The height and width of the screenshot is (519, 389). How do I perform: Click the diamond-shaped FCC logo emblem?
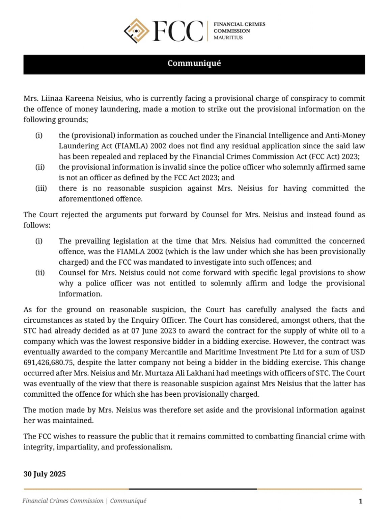click(x=136, y=31)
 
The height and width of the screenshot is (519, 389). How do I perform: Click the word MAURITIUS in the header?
click(x=228, y=38)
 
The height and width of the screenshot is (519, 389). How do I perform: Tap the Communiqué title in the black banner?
click(x=194, y=64)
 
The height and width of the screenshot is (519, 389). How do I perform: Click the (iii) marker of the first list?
click(x=41, y=188)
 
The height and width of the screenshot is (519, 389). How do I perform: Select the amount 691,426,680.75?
click(x=47, y=363)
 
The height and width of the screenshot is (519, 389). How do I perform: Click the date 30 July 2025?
click(x=45, y=474)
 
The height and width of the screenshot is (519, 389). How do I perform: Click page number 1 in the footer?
click(x=360, y=501)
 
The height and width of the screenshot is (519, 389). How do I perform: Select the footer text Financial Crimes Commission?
click(x=63, y=501)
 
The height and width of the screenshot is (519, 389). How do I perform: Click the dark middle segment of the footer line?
click(x=193, y=489)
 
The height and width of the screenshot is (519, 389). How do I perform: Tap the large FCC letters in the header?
click(x=177, y=31)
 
